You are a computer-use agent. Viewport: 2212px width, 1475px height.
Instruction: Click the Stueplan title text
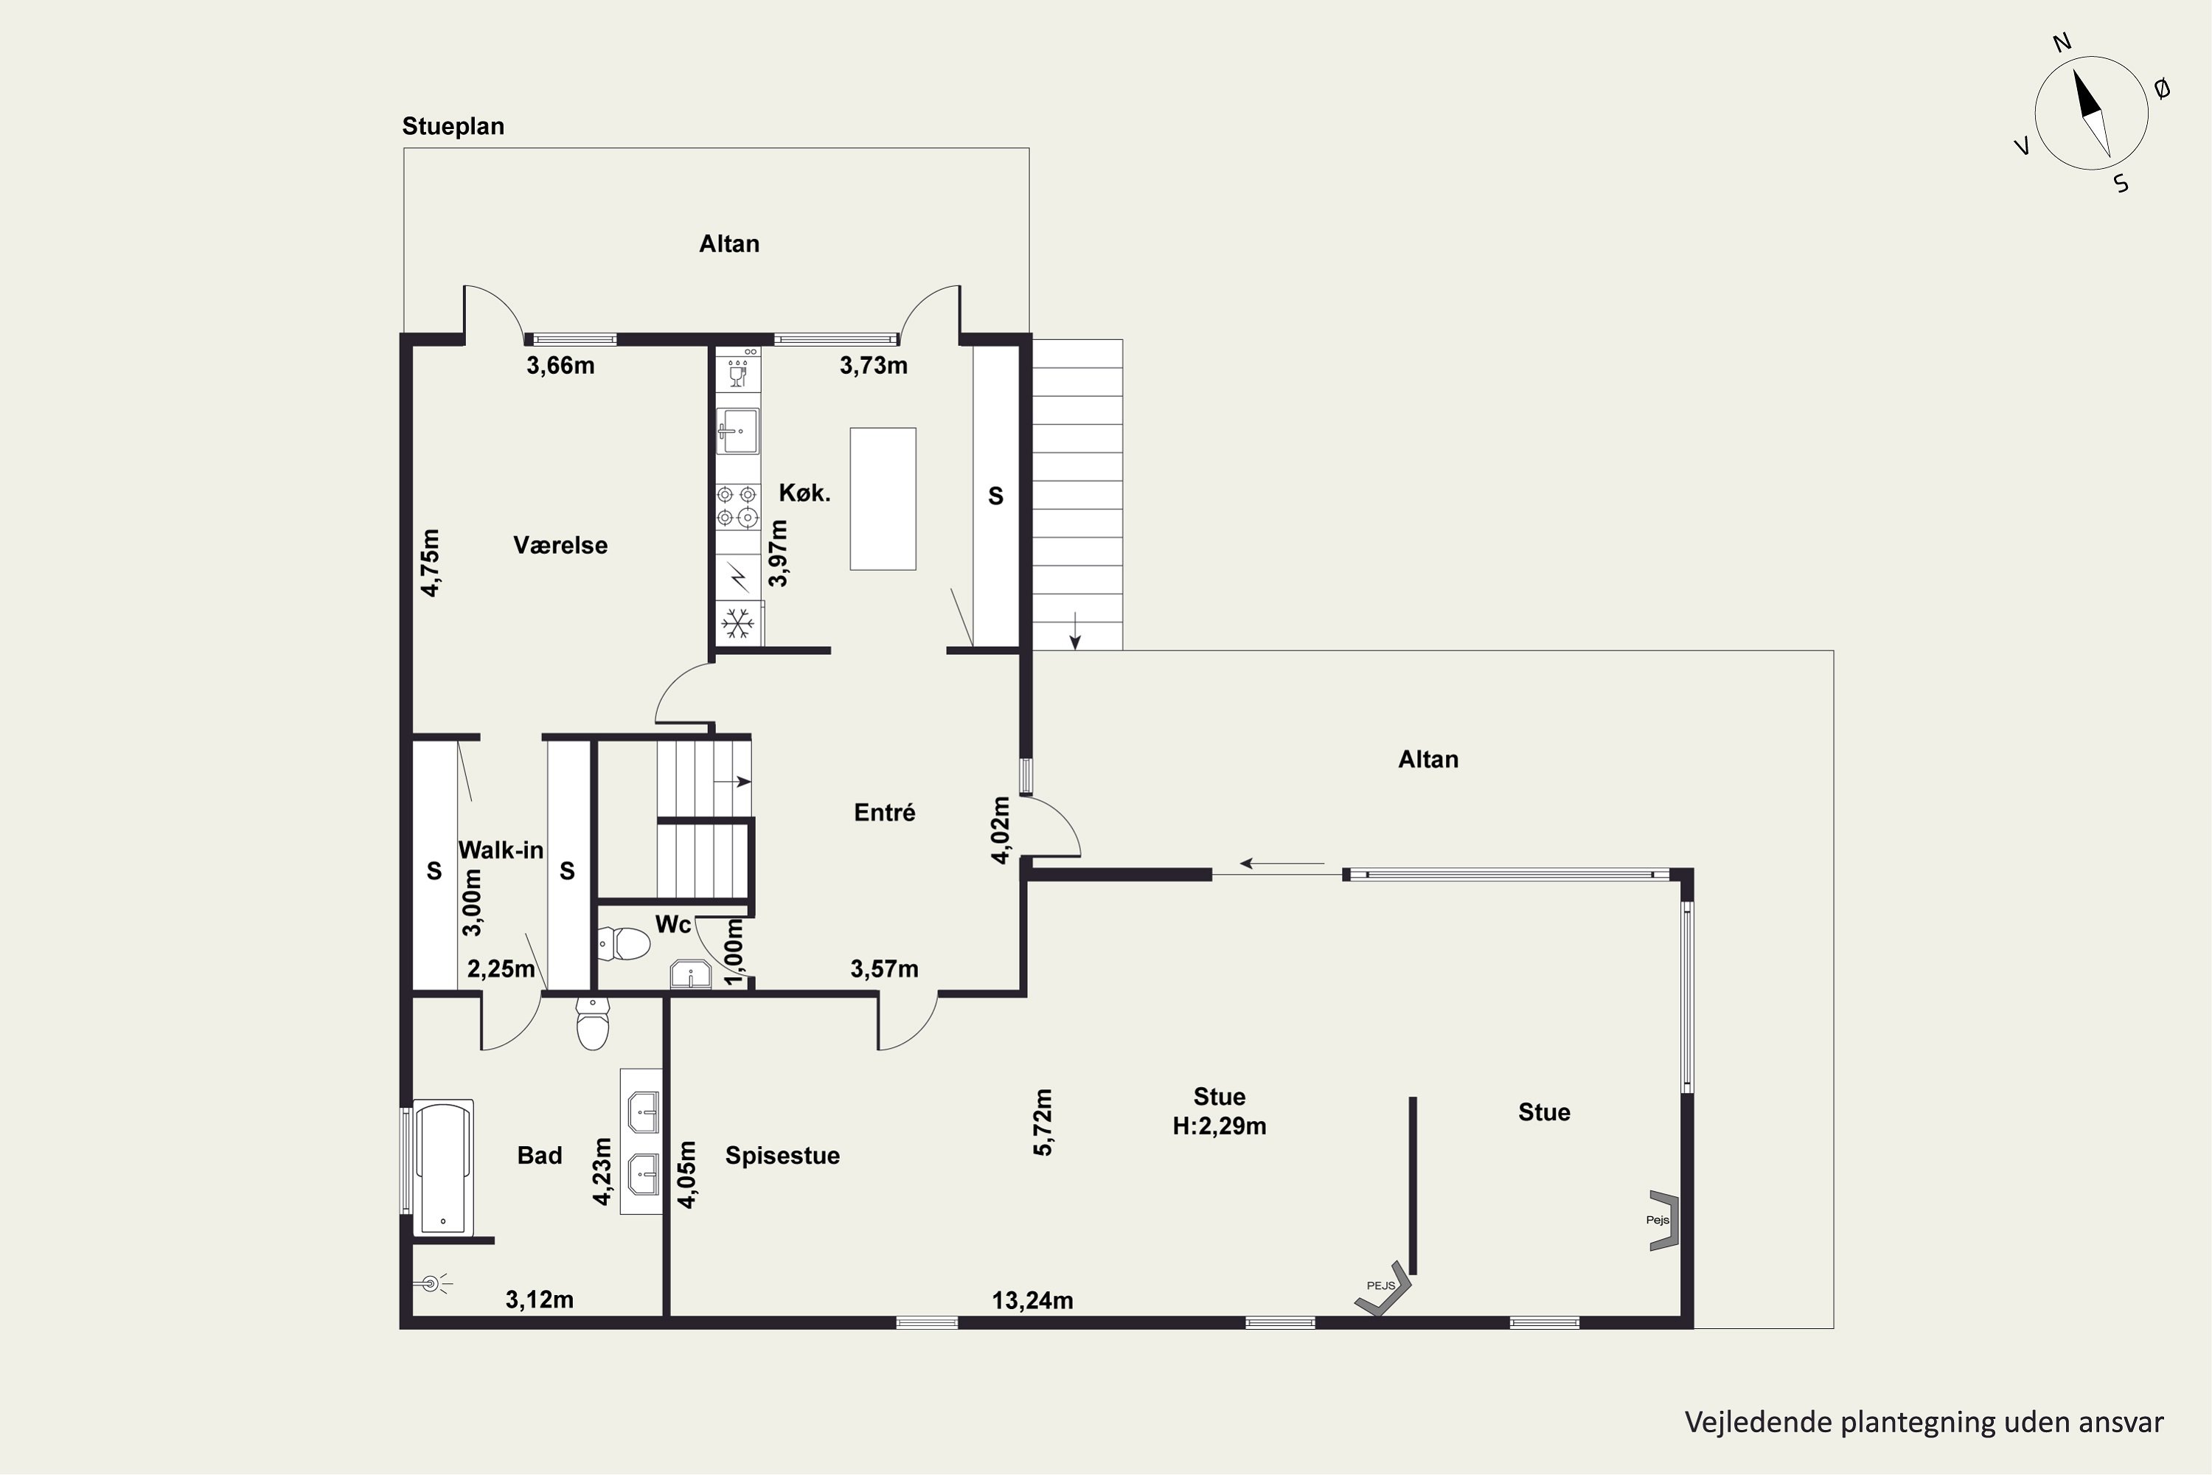[x=453, y=126]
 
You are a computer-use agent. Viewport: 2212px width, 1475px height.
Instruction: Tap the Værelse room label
[x=560, y=545]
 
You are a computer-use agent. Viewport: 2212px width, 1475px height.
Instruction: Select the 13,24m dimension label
[x=1033, y=1300]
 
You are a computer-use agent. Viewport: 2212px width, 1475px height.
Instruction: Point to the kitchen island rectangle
[x=883, y=499]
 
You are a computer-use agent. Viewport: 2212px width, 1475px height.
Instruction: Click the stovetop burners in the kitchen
[x=737, y=505]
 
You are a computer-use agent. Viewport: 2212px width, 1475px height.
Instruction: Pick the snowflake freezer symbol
[x=737, y=622]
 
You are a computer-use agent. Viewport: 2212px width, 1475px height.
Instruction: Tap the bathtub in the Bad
[x=443, y=1167]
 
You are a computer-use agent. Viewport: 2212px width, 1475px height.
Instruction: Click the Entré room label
[x=884, y=812]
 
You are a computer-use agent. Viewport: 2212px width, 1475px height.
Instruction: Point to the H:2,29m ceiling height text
[x=1219, y=1125]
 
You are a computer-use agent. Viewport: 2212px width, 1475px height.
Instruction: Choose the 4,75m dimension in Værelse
[x=430, y=563]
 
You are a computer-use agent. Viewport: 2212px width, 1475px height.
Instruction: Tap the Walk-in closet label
[x=501, y=850]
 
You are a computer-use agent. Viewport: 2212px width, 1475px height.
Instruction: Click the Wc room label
[x=673, y=924]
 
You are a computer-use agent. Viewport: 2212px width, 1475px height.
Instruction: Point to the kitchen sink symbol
[x=738, y=431]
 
